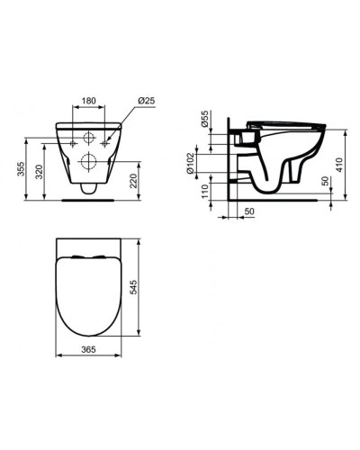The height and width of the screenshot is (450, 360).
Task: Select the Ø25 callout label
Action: point(146,103)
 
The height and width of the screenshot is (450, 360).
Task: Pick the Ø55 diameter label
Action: point(205,121)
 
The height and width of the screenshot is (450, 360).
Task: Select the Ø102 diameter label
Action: point(205,162)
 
